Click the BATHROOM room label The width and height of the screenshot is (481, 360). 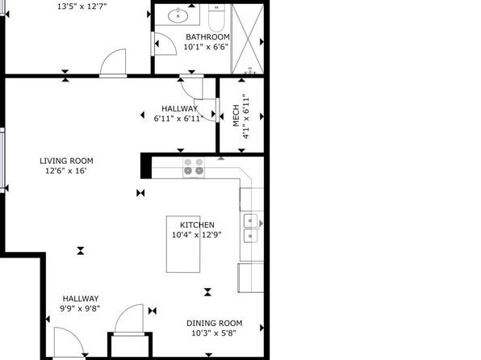click(x=207, y=37)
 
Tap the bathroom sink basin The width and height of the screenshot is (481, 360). click(x=178, y=15)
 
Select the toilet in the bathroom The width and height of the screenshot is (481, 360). click(x=216, y=18)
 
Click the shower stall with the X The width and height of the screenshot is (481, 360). click(x=248, y=39)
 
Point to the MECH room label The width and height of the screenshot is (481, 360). click(x=236, y=115)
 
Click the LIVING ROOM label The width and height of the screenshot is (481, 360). click(x=66, y=161)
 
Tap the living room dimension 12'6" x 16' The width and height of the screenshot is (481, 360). click(x=66, y=171)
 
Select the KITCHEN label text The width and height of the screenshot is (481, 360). click(x=197, y=224)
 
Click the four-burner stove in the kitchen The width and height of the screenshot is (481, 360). click(x=194, y=168)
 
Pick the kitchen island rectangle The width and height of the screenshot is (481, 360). click(x=183, y=244)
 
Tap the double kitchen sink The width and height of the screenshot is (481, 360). click(x=251, y=228)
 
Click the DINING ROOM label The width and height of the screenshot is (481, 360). click(x=214, y=323)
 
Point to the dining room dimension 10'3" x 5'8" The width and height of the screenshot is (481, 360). click(x=214, y=333)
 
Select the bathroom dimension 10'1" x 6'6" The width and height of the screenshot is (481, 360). click(x=206, y=47)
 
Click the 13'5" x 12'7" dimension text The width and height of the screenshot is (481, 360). click(x=82, y=6)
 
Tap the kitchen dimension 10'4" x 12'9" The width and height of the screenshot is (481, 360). click(x=196, y=235)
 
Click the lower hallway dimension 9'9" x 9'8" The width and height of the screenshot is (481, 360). click(x=80, y=308)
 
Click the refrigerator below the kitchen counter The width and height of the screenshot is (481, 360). click(x=251, y=278)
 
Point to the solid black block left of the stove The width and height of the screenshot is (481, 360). click(x=146, y=165)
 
